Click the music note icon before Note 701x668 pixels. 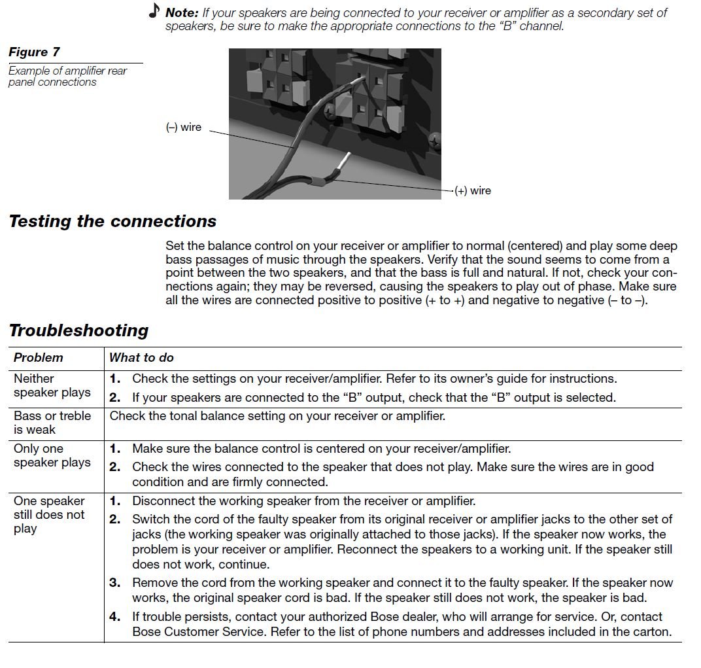click(154, 10)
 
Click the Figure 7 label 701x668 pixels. click(35, 52)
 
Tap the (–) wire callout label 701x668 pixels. click(184, 127)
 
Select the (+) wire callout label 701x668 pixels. click(472, 190)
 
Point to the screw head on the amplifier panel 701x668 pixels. click(434, 140)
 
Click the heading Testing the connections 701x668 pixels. click(112, 221)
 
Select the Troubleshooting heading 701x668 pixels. click(78, 330)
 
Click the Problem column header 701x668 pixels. click(39, 357)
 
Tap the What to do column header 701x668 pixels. click(141, 357)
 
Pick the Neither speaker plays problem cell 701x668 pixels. click(52, 385)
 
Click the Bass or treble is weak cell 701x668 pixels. click(52, 422)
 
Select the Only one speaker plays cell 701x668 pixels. click(52, 455)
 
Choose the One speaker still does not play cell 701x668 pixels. click(49, 514)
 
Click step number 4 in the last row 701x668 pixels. click(115, 616)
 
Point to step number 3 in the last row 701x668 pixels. click(115, 582)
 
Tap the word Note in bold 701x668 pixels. click(182, 12)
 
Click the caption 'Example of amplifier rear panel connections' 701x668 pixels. click(67, 76)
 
